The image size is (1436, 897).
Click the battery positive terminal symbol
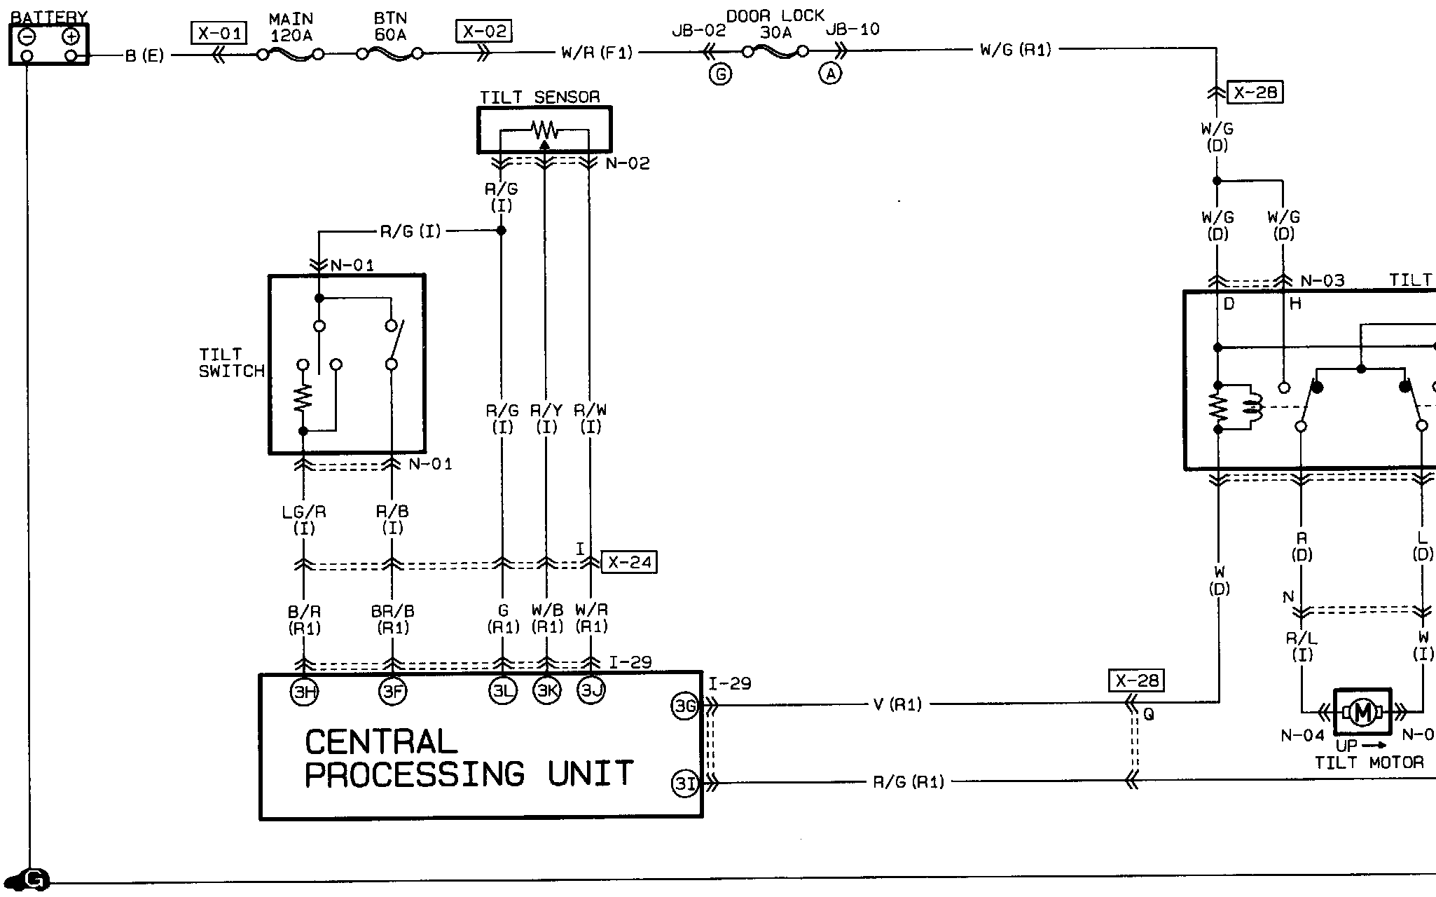click(71, 36)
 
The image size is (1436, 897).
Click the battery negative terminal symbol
click(27, 36)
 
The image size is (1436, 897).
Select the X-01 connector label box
click(219, 33)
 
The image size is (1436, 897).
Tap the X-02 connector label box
click(483, 32)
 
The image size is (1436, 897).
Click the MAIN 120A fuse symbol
click(290, 54)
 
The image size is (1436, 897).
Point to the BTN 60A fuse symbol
click(390, 53)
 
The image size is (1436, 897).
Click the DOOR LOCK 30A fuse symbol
click(775, 51)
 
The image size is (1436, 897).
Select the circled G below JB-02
click(720, 74)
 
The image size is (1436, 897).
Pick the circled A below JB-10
click(830, 74)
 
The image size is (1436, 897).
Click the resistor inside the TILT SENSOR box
click(544, 130)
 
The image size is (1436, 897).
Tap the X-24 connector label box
click(629, 562)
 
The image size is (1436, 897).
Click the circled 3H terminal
click(304, 692)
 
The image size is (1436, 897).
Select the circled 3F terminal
click(392, 692)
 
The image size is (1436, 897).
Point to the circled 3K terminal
click(547, 691)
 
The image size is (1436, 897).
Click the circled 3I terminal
click(684, 783)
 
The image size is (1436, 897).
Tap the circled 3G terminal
click(684, 706)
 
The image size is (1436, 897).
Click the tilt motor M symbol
click(1362, 713)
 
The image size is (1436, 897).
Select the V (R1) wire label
click(897, 704)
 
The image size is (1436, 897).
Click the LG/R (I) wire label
click(304, 519)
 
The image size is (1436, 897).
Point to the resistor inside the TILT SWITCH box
click(303, 398)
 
